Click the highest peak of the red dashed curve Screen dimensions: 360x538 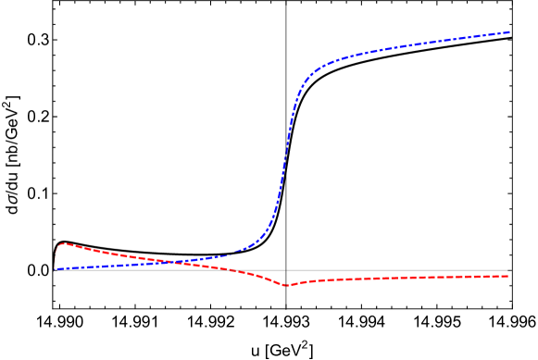pyautogui.click(x=62, y=244)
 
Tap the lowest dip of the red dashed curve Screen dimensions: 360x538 pyautogui.click(x=286, y=285)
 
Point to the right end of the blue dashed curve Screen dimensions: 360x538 pyautogui.click(x=510, y=32)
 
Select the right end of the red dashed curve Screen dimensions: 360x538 pyautogui.click(x=509, y=276)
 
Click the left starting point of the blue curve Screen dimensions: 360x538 pyautogui.click(x=55, y=268)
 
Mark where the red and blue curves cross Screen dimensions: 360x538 pyautogui.click(x=167, y=262)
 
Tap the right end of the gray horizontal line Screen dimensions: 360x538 pyautogui.click(x=510, y=270)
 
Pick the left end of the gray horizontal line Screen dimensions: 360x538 pyautogui.click(x=55, y=270)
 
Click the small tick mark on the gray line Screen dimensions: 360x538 pyautogui.click(x=286, y=270)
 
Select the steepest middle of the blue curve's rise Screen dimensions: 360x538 pyautogui.click(x=284, y=167)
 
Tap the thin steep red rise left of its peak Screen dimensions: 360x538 pyautogui.click(x=56, y=254)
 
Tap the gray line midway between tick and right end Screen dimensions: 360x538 pyautogui.click(x=398, y=270)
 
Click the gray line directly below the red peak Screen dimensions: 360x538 pyautogui.click(x=62, y=270)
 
